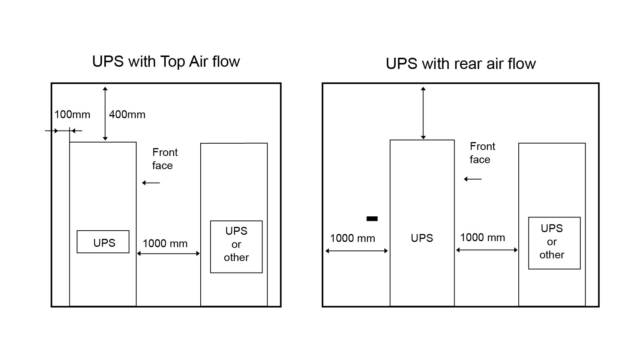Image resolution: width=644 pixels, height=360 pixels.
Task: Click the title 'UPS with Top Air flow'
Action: pyautogui.click(x=166, y=61)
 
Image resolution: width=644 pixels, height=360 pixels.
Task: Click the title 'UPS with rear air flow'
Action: pyautogui.click(x=461, y=64)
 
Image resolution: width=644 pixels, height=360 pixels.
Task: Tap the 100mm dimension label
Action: pyautogui.click(x=72, y=114)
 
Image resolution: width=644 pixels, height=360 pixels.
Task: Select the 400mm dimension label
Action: pyautogui.click(x=127, y=114)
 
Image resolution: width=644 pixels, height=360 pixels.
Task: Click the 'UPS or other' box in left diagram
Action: pyautogui.click(x=236, y=246)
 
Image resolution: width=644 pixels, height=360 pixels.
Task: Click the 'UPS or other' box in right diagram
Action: pyautogui.click(x=554, y=243)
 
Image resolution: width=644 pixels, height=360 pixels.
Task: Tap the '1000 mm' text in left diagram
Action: pyautogui.click(x=165, y=243)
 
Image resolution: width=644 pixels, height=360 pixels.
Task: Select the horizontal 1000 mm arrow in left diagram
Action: pyautogui.click(x=168, y=253)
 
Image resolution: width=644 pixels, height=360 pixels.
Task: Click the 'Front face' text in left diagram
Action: pyautogui.click(x=164, y=159)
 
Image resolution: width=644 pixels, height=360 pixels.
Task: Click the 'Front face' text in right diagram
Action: pyautogui.click(x=482, y=153)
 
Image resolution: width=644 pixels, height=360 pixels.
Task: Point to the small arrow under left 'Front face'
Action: pyautogui.click(x=151, y=183)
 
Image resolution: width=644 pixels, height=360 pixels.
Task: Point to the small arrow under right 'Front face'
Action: pyautogui.click(x=473, y=179)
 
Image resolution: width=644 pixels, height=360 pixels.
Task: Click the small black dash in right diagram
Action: pyautogui.click(x=372, y=219)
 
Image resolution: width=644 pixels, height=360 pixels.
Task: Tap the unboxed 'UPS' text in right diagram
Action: pyautogui.click(x=422, y=238)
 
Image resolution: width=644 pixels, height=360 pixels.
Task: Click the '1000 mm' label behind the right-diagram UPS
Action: pyautogui.click(x=352, y=238)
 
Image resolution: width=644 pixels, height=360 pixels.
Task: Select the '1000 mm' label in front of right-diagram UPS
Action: pyautogui.click(x=482, y=237)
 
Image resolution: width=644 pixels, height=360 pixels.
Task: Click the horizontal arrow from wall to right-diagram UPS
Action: pyautogui.click(x=356, y=251)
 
